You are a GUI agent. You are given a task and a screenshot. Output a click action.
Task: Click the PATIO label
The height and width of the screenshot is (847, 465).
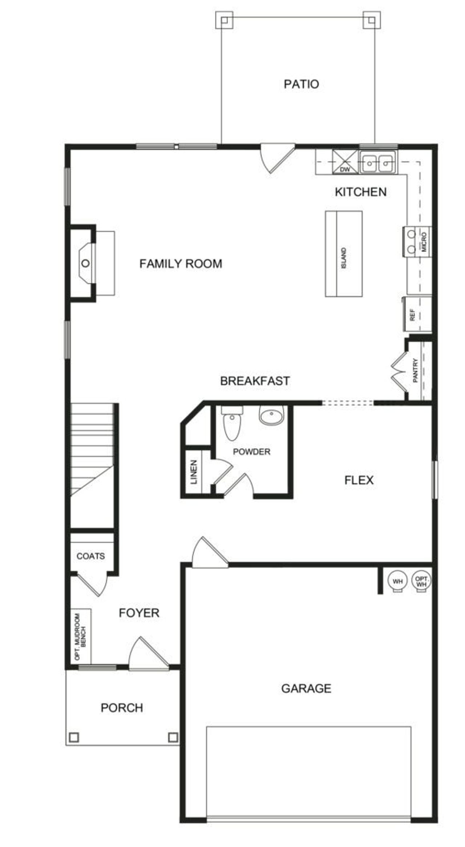tap(301, 84)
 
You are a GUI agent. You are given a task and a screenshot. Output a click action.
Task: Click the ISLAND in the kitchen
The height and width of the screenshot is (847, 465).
tap(343, 254)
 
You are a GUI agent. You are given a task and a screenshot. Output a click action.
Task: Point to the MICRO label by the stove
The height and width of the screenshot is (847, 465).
tap(424, 242)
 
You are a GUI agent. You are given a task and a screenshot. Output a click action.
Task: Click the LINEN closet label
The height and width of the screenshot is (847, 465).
tap(194, 472)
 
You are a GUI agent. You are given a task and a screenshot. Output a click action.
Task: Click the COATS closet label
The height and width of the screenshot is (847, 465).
tap(90, 556)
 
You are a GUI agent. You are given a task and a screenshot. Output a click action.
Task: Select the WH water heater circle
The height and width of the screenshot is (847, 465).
tap(398, 581)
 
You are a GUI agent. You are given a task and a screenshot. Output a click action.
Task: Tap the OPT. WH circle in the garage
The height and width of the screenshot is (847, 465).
tap(421, 581)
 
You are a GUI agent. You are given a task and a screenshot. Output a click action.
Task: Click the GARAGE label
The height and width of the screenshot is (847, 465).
tap(306, 688)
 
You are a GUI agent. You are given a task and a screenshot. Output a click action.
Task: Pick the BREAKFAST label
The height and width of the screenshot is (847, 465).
tap(255, 381)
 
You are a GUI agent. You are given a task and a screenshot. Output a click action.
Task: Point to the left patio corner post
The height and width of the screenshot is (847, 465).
tap(224, 20)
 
